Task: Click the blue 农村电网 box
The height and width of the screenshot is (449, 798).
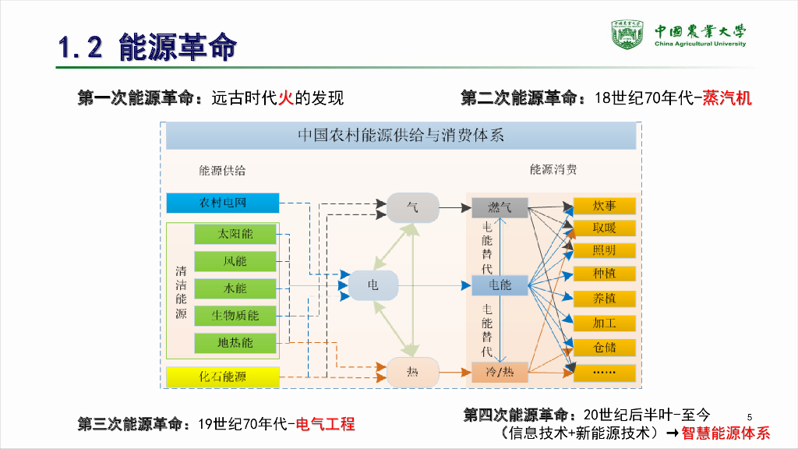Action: [x=223, y=203]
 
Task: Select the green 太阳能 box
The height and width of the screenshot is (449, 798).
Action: [x=235, y=234]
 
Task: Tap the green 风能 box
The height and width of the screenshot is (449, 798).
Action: [x=235, y=261]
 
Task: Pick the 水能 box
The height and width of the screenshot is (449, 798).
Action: [x=235, y=288]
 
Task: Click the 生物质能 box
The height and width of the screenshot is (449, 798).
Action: [x=235, y=316]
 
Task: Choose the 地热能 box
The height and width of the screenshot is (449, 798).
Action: [x=235, y=342]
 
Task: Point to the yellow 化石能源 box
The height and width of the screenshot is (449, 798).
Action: [x=223, y=377]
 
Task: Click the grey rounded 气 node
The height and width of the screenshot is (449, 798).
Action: [x=413, y=207]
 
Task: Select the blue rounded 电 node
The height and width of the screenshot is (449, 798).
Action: [x=373, y=285]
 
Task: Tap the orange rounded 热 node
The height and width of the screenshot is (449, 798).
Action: [x=413, y=373]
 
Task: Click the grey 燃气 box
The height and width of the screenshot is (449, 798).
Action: [x=500, y=207]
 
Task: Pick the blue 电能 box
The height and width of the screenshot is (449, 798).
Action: [x=500, y=285]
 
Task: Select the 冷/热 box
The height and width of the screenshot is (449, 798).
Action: [x=500, y=373]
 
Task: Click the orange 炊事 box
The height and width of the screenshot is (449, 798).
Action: [x=605, y=206]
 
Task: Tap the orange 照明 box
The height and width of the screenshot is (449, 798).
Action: [x=605, y=251]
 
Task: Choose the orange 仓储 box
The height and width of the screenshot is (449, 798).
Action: [x=605, y=347]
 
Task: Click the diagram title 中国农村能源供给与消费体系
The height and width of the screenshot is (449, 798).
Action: [x=401, y=136]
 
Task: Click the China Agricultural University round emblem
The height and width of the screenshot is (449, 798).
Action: [x=628, y=34]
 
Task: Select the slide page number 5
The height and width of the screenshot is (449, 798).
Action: [x=749, y=414]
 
